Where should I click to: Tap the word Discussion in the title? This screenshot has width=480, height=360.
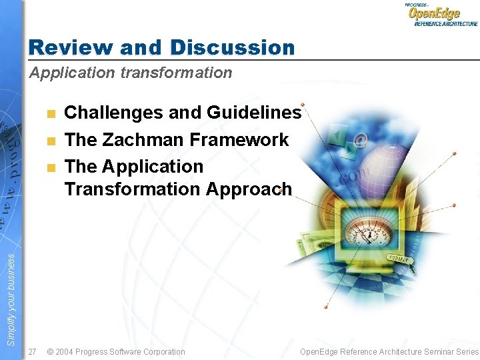click(232, 47)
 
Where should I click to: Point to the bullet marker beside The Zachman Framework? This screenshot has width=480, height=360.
click(51, 140)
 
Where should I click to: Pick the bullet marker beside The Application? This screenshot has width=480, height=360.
click(51, 167)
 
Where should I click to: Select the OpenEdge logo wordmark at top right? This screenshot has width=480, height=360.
click(434, 13)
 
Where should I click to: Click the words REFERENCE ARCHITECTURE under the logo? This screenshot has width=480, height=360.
click(445, 23)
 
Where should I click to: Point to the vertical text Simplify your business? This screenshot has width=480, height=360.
click(11, 300)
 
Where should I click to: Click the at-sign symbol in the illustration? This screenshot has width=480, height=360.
click(361, 141)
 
